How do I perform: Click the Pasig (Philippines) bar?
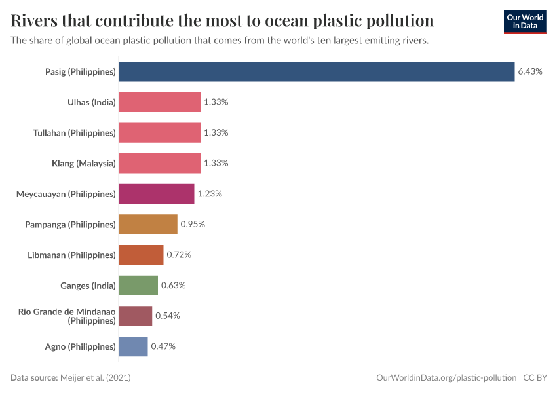coord(317,71)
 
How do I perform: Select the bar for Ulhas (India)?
coord(159,102)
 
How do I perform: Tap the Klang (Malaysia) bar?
coord(159,163)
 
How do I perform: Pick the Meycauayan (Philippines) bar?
coord(157,194)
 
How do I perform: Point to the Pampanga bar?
coord(148,224)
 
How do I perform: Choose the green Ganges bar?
coord(138,286)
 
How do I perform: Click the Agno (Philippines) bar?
coord(133,346)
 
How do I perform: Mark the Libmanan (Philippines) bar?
coord(141,255)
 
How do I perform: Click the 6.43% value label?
coord(530,71)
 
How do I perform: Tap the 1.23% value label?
coord(210,194)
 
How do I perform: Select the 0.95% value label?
coord(193,224)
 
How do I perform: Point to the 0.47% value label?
coord(163,346)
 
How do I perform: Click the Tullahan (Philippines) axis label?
coord(75,133)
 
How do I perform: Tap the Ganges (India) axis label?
coord(88,286)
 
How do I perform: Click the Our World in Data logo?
coord(524,22)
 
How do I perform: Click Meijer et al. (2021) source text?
coord(100,378)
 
